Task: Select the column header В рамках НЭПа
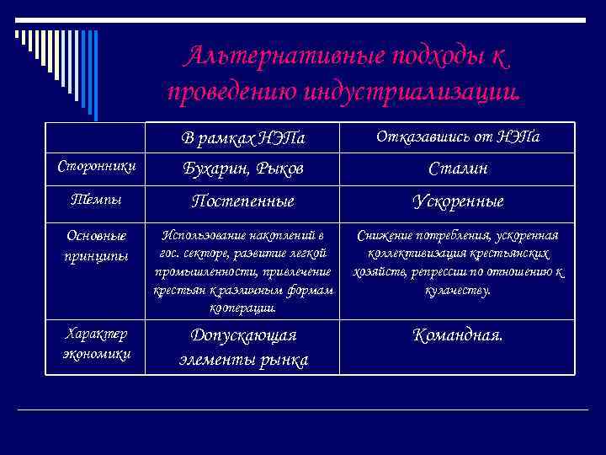244,136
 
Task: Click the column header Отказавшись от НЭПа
458,136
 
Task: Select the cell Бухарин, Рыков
244,169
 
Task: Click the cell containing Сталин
458,169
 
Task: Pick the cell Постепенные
244,201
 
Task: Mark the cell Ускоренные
458,201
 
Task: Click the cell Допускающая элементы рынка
244,347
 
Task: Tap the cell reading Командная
458,335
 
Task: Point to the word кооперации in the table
244,308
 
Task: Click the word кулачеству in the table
458,291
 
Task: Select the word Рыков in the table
277,169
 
